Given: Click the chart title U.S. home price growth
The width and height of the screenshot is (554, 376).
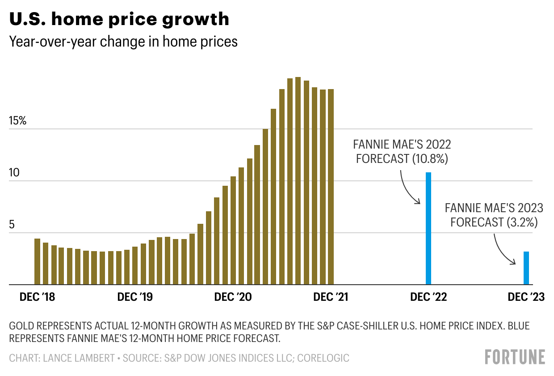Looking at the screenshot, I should [119, 19].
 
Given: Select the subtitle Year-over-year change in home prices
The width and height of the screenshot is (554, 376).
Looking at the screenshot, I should [123, 42].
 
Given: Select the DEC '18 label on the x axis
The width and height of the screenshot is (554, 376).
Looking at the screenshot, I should [37, 297].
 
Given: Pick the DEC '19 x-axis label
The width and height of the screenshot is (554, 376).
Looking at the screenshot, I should [134, 297].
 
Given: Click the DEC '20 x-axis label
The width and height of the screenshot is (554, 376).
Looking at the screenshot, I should [233, 297].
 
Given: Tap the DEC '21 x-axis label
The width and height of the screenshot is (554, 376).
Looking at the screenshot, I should [331, 297].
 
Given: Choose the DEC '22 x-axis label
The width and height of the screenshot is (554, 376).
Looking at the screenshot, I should [428, 297].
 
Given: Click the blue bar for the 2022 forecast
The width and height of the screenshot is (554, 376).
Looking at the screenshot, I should [428, 228].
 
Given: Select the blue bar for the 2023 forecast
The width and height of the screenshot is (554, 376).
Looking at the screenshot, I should [526, 268].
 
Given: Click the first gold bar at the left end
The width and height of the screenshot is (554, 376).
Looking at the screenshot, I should [37, 261].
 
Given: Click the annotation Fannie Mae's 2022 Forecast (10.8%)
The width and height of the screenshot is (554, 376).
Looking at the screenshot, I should [402, 152].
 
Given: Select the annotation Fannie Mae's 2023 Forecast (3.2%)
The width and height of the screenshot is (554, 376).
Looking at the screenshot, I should [494, 215].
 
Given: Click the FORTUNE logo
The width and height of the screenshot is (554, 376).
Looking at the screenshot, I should [515, 357].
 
